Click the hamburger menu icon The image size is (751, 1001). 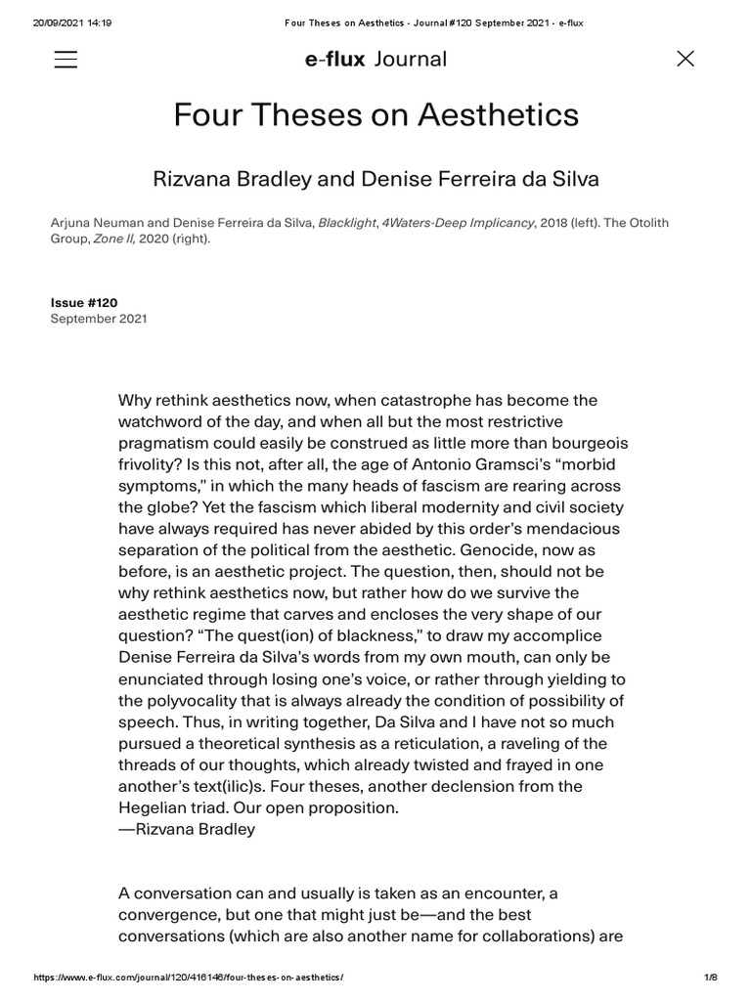pyautogui.click(x=66, y=59)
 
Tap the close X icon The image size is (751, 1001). pyautogui.click(x=685, y=59)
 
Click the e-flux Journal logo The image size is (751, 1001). pyautogui.click(x=375, y=59)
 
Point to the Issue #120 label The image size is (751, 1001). pyautogui.click(x=84, y=303)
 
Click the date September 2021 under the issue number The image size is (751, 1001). pyautogui.click(x=99, y=319)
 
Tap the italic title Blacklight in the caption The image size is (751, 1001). pyautogui.click(x=347, y=223)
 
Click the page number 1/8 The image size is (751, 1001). pyautogui.click(x=711, y=979)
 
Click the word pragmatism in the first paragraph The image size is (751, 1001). pyautogui.click(x=163, y=443)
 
